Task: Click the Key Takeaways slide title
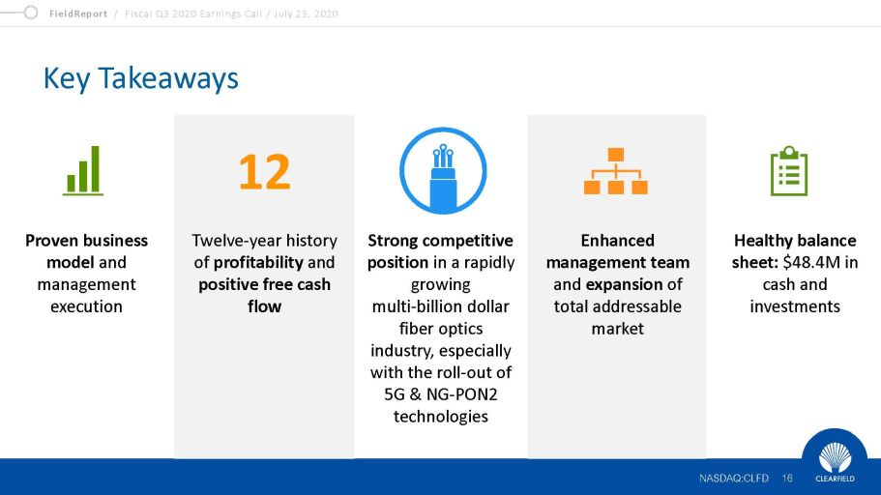click(x=140, y=78)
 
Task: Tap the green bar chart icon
click(x=83, y=171)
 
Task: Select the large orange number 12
click(x=265, y=171)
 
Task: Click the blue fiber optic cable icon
click(x=443, y=171)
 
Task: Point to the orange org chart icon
click(x=616, y=171)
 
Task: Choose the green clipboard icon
click(x=789, y=171)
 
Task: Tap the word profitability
click(x=258, y=262)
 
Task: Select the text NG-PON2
click(x=462, y=394)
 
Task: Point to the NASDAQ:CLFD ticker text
click(x=734, y=479)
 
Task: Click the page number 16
click(x=787, y=479)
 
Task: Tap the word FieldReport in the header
click(x=78, y=15)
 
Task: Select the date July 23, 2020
click(x=306, y=15)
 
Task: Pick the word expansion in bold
click(x=624, y=284)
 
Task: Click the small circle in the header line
click(x=31, y=13)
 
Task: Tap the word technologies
click(x=441, y=417)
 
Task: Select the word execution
click(x=86, y=306)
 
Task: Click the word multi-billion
click(x=411, y=306)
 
